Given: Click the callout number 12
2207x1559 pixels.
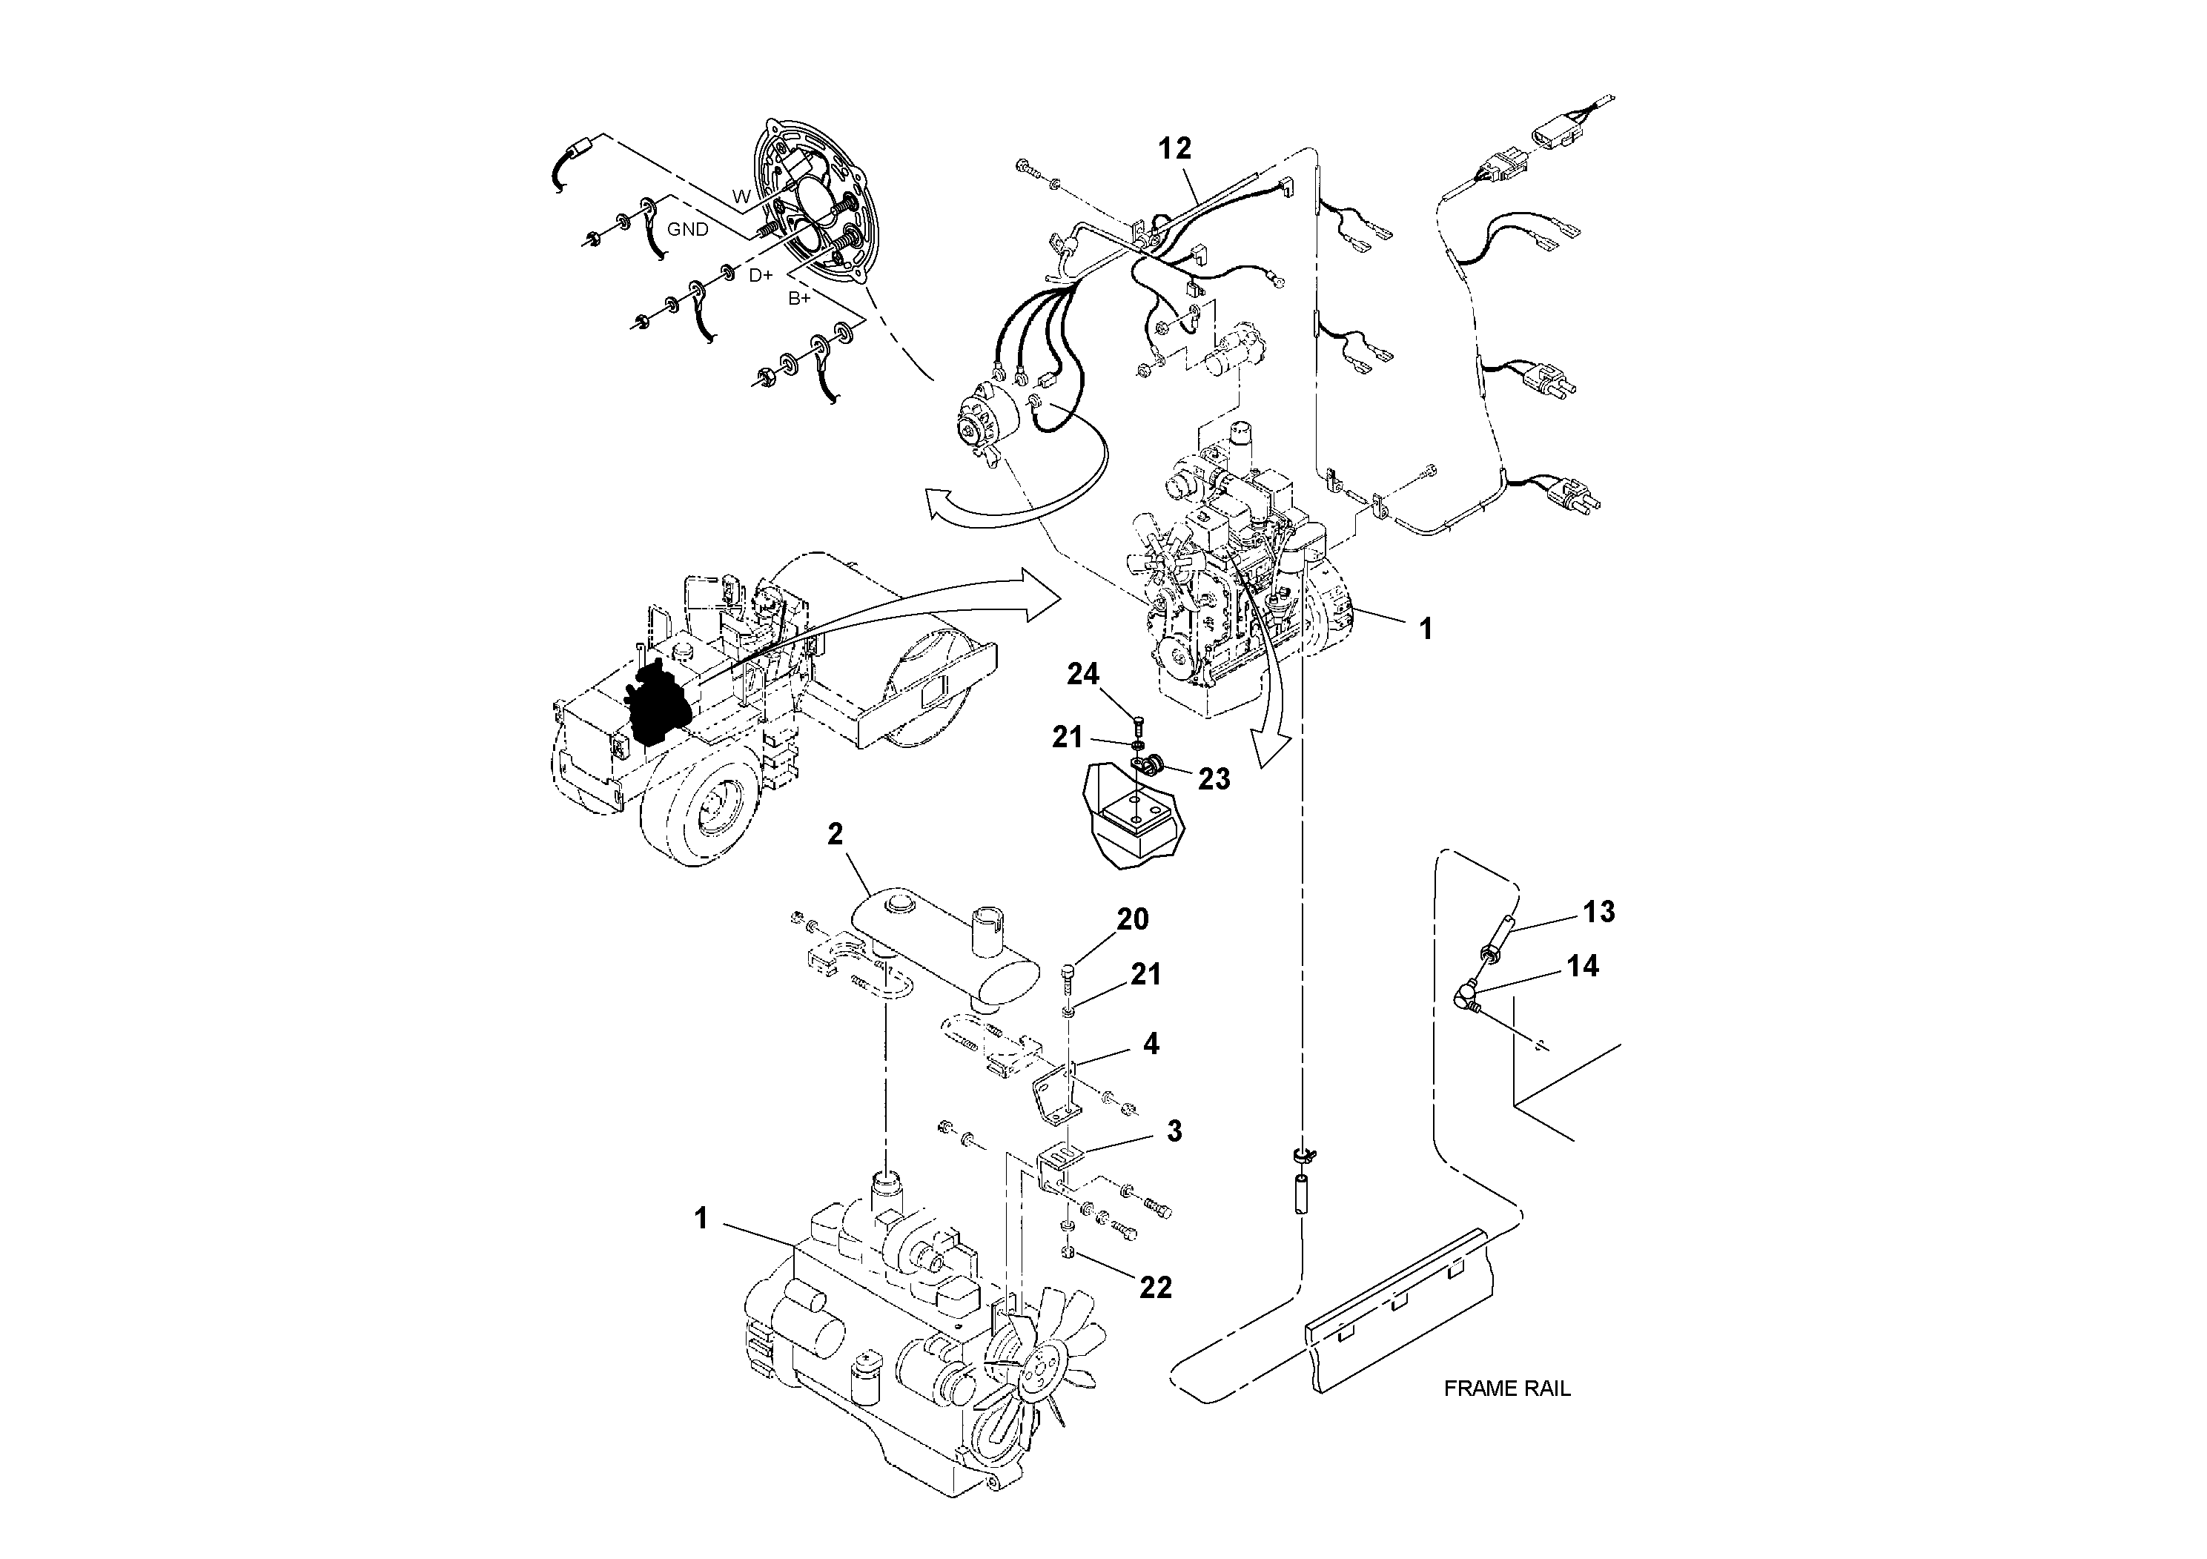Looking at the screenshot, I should (x=1174, y=148).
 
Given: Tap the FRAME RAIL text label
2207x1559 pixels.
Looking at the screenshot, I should (x=1506, y=1388).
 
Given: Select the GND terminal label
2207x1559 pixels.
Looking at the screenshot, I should (x=687, y=230).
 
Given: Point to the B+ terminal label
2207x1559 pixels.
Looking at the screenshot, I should (x=798, y=299).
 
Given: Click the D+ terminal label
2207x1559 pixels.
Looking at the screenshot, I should (x=761, y=276).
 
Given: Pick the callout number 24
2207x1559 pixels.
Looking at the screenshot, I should (x=1082, y=674).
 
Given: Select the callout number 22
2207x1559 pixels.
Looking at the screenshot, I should (x=1156, y=1287).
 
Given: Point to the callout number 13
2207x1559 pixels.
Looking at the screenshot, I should (x=1598, y=911).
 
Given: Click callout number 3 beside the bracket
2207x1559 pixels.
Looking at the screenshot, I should (x=1174, y=1131).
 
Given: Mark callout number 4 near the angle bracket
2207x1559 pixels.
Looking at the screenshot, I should (x=1150, y=1043).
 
